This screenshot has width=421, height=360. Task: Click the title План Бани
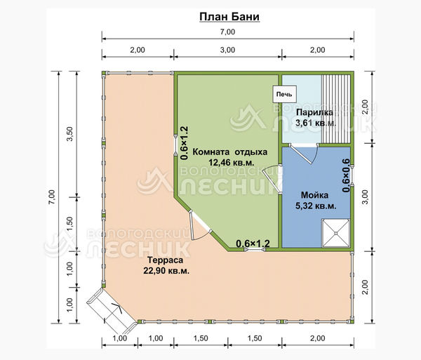tap(229, 16)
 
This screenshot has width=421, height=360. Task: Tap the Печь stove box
tap(285, 94)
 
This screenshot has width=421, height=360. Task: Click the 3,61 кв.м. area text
tap(316, 124)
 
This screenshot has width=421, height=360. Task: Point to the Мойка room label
tap(314, 195)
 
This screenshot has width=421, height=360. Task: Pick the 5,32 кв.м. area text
tap(316, 206)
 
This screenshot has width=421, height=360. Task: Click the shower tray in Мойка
tap(336, 233)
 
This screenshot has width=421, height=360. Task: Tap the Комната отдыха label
tap(230, 152)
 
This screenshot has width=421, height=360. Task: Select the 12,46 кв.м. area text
tap(231, 162)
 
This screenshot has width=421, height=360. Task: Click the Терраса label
tap(166, 260)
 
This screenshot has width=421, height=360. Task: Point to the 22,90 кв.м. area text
tap(166, 271)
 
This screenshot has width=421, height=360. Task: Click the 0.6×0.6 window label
tap(346, 175)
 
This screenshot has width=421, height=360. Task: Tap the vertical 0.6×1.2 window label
tap(185, 143)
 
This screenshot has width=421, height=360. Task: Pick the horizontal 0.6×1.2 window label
tap(253, 244)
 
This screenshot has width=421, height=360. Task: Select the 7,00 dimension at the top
tap(227, 32)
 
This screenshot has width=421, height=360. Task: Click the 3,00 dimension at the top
tap(227, 50)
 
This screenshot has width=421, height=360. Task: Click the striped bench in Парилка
tap(336, 109)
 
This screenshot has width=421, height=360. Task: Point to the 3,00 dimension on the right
tap(365, 197)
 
